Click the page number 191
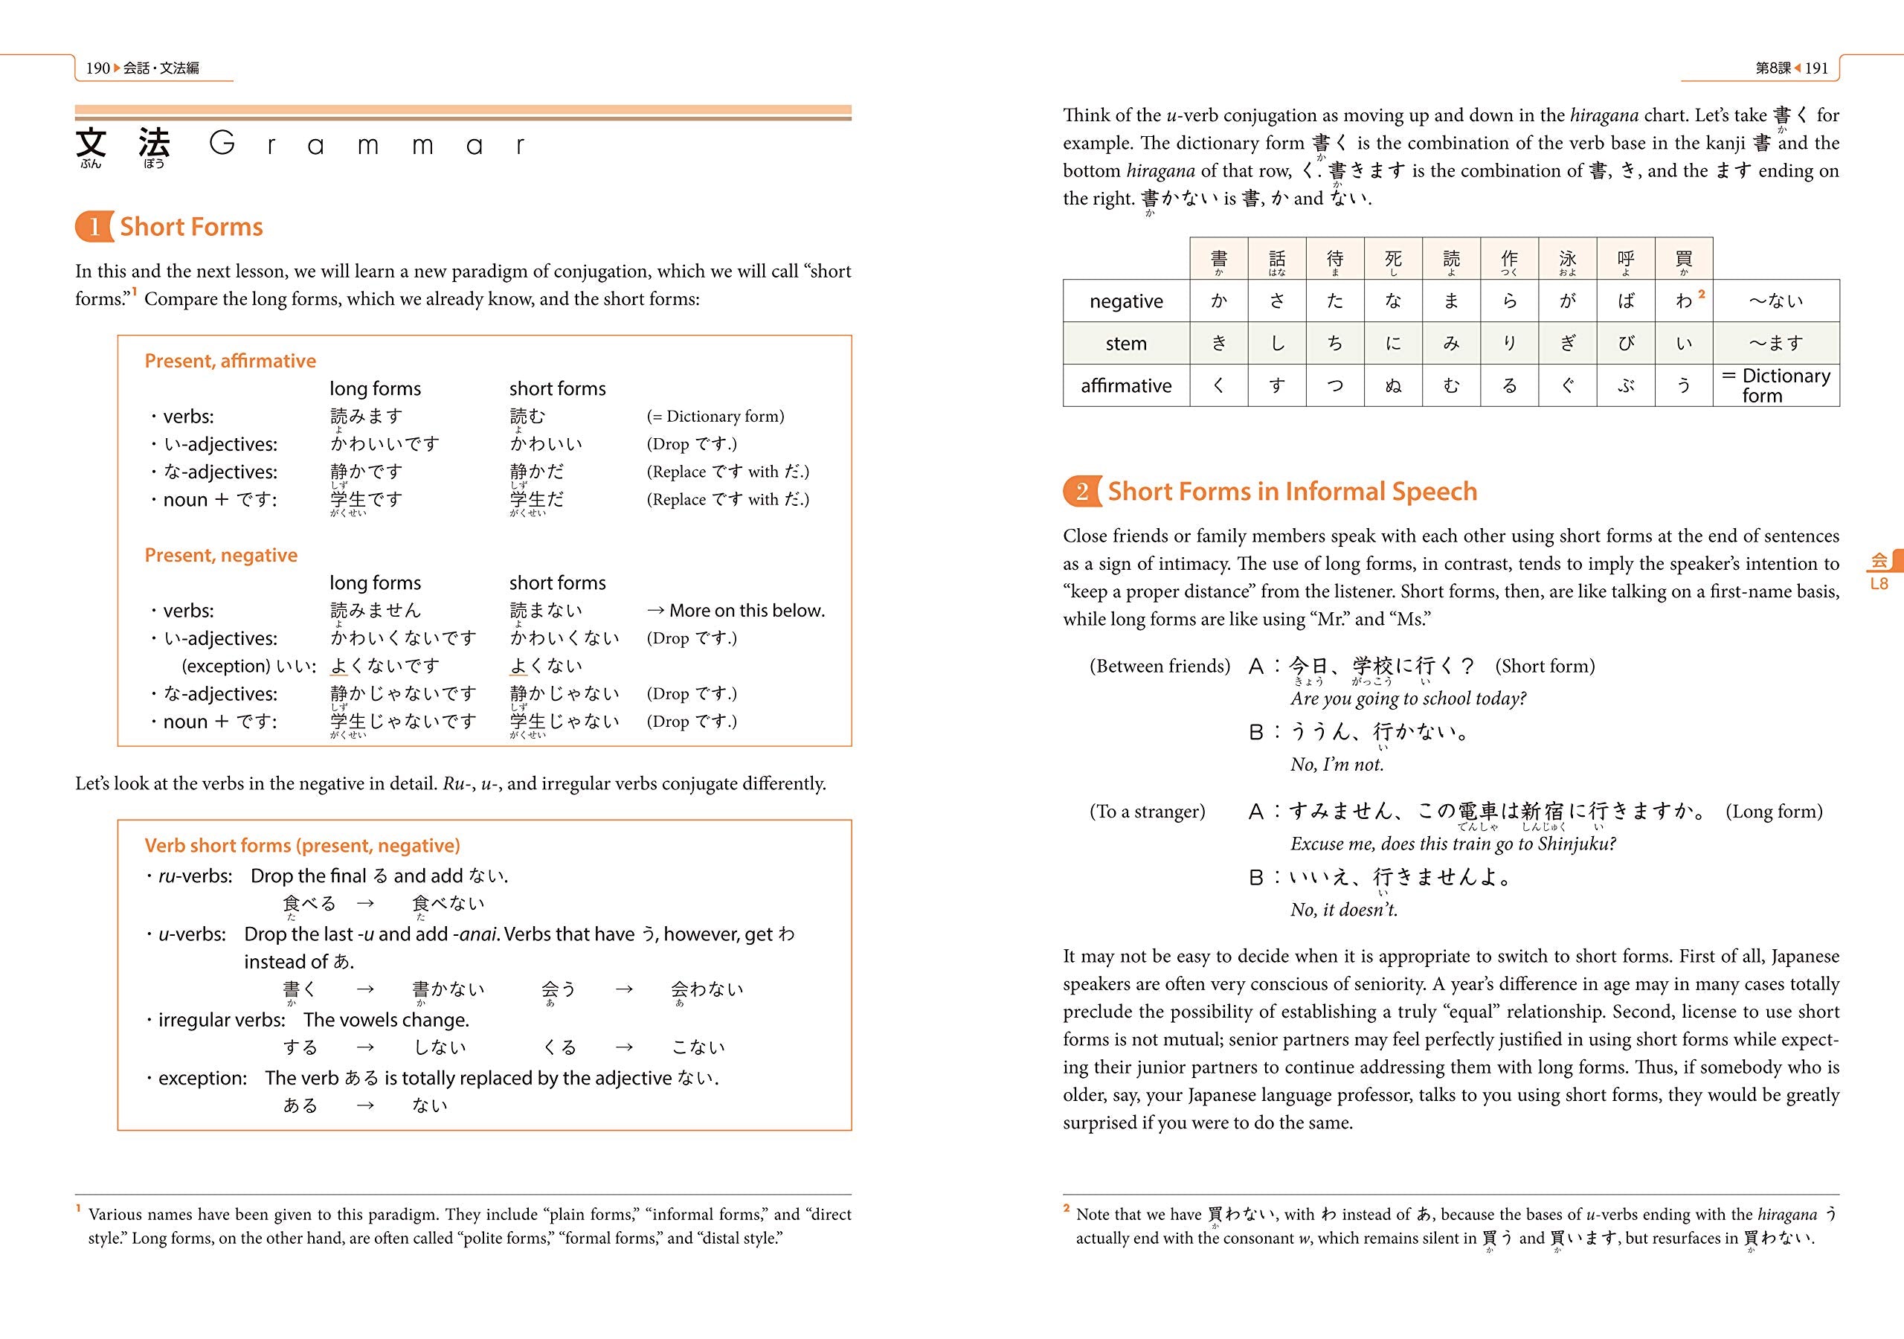tap(1816, 68)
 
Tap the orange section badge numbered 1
tap(94, 226)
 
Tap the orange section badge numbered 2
tap(1081, 491)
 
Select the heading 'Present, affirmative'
tap(230, 361)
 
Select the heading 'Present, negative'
tap(221, 555)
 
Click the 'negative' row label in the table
tap(1125, 301)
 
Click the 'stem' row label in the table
tap(1125, 344)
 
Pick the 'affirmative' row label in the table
tap(1125, 386)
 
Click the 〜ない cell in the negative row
tap(1775, 301)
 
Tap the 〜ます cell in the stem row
tap(1775, 344)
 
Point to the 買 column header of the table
tap(1683, 259)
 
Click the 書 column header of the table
tap(1218, 259)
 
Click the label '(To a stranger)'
tap(1147, 812)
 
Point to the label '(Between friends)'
tap(1160, 667)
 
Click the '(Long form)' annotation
tap(1774, 812)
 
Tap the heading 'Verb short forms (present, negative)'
tap(302, 845)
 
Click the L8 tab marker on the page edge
tap(1879, 583)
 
